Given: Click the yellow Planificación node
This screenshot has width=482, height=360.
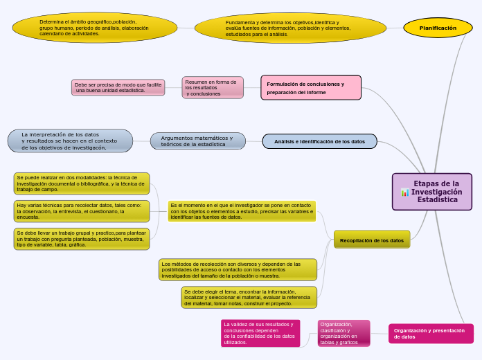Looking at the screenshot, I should point(438,28).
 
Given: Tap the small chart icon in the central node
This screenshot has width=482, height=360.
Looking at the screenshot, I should point(404,192).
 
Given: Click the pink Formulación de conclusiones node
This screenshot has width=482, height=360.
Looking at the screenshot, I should point(311,88).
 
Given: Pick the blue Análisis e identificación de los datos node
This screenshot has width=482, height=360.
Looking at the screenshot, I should point(319,141).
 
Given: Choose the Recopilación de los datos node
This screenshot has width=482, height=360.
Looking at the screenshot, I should point(372,240).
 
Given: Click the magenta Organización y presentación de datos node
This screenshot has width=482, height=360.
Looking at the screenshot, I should point(431,333).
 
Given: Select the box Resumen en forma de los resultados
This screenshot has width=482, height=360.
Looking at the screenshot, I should point(213,87).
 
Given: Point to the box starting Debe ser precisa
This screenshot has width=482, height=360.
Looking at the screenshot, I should point(117,87).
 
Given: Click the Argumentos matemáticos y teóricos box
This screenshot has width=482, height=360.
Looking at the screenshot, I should point(197,141).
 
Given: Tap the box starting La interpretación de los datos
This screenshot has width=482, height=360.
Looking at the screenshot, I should point(70,141).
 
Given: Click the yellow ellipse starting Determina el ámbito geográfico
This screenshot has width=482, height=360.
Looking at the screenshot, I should point(94,28).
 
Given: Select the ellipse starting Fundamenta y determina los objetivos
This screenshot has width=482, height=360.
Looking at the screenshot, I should point(290,28).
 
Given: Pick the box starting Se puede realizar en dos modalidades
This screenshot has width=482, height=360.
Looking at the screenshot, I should point(82,183).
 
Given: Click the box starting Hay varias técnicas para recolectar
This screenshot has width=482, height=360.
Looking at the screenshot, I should point(82,211).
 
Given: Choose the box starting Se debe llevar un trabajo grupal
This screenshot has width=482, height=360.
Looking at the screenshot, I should point(82,239).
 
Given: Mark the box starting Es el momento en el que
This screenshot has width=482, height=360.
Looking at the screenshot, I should point(242,211).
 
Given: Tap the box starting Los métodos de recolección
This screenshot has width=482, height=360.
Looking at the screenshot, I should point(238,269).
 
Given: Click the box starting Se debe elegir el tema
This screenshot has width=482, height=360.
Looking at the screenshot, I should point(249,297).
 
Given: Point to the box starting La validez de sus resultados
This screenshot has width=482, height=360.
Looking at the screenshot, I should point(260,333).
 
